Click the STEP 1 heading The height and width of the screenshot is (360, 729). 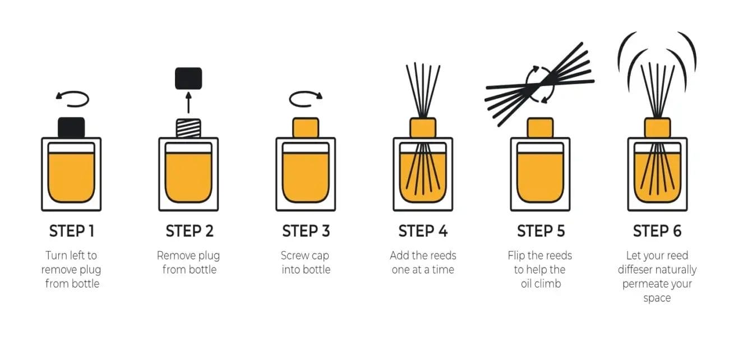(71, 231)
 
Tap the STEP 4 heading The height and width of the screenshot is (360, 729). (423, 231)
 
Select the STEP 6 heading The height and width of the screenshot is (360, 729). (657, 231)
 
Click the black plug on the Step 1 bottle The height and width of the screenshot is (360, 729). (71, 127)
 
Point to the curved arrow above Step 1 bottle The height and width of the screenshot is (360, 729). (72, 99)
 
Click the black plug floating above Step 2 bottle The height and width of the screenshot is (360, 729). (188, 78)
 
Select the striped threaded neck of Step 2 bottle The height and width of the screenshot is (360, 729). (188, 128)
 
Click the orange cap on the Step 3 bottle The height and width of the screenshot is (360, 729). (306, 127)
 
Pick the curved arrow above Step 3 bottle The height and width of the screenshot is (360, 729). (306, 99)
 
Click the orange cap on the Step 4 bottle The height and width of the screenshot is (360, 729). (423, 127)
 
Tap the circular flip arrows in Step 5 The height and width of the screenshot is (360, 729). (539, 84)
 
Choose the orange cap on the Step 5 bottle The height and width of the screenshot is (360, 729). (540, 127)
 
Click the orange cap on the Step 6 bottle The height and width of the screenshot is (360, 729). (657, 127)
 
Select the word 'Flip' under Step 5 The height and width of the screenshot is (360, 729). (517, 256)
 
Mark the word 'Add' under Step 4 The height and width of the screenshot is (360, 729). (400, 256)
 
